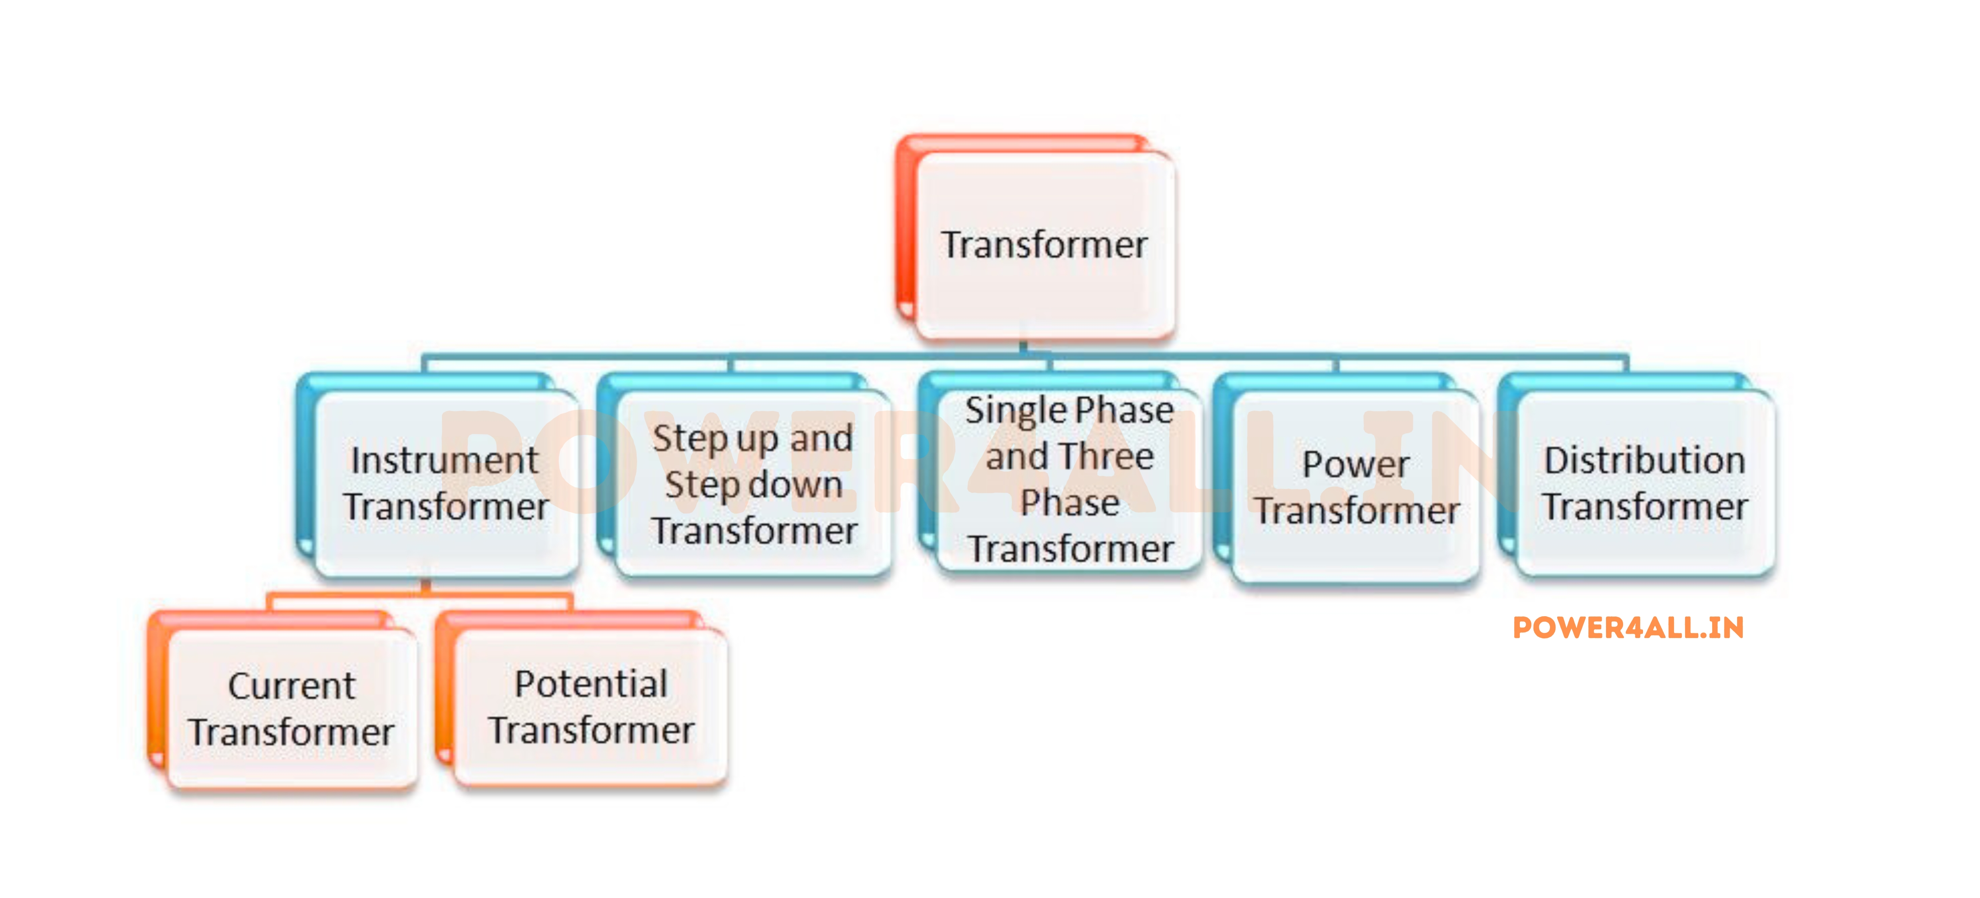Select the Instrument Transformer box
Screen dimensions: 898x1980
pos(446,483)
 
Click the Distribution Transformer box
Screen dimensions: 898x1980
pos(1645,483)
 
